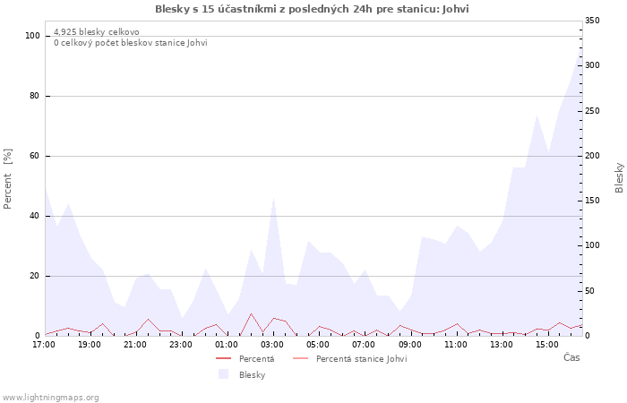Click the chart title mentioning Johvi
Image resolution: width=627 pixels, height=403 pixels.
312,9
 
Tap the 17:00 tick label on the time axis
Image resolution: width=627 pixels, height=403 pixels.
44,344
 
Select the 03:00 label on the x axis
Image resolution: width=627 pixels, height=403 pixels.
273,344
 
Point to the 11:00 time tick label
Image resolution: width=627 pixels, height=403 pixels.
456,344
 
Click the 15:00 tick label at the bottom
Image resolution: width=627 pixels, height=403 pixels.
547,344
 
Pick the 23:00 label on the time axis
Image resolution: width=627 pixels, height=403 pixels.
182,344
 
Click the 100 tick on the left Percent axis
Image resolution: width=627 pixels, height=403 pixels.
33,36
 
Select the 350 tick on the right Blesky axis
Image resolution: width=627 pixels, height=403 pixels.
592,21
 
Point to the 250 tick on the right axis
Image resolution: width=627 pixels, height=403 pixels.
592,110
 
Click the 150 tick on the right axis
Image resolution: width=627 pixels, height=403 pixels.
592,201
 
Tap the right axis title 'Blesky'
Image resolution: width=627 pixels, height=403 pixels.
619,177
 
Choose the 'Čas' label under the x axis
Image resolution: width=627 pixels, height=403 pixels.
571,358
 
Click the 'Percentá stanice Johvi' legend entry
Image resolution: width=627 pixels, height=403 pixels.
361,359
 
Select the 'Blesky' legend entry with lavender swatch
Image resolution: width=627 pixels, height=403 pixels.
252,375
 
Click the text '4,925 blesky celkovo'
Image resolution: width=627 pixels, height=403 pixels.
96,32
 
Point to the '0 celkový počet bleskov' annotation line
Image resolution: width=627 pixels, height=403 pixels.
130,43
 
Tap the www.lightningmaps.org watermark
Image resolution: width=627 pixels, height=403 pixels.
50,398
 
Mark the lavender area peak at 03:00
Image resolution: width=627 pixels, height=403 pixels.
273,198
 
